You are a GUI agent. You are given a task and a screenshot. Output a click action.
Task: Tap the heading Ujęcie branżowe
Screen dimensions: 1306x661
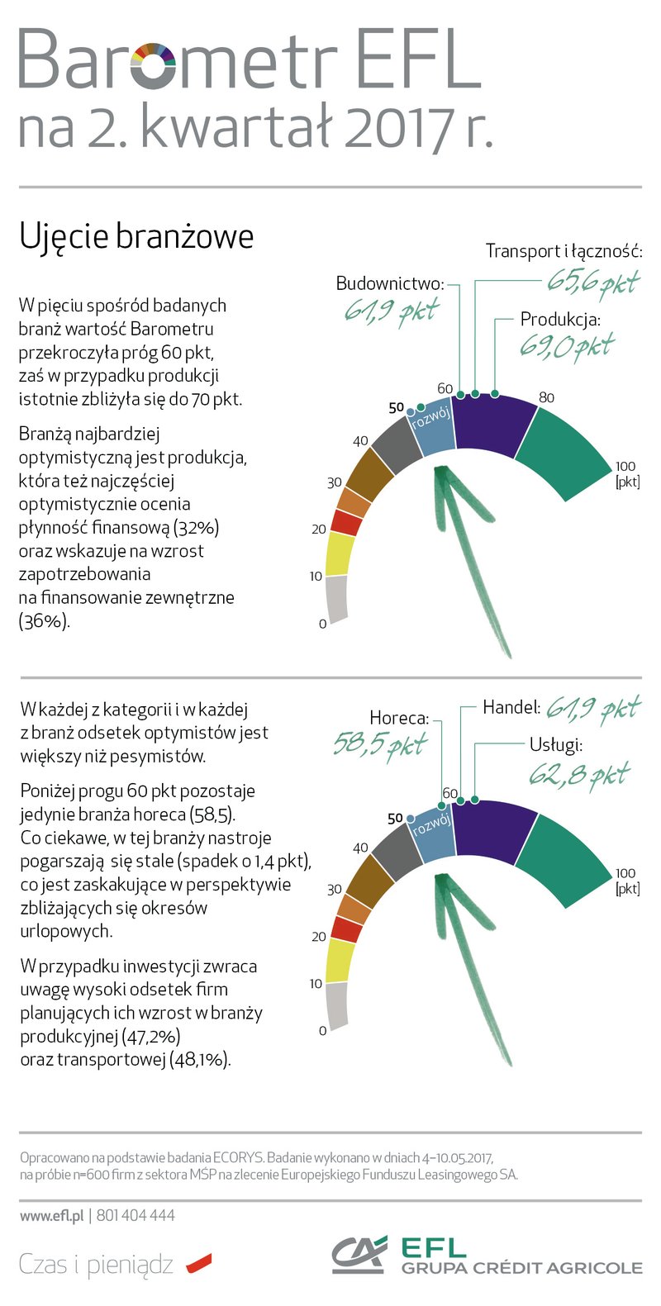[136, 236]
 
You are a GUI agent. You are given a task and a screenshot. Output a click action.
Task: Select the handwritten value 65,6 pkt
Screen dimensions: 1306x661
[592, 282]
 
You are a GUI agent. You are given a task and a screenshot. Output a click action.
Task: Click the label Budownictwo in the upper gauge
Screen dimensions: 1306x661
[389, 284]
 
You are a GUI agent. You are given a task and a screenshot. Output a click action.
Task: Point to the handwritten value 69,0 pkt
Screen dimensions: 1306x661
[567, 344]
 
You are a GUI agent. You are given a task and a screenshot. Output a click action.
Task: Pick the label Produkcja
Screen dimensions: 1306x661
[559, 320]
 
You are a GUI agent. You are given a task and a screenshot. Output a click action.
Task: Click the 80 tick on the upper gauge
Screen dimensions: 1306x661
[546, 397]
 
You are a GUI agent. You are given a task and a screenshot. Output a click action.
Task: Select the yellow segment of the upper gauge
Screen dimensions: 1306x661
[340, 553]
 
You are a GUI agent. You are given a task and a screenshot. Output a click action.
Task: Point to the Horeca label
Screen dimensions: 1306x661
[399, 718]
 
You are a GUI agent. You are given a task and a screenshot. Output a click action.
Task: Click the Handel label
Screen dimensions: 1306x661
[511, 708]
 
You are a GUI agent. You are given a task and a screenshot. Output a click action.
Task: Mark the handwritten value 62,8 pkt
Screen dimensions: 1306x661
[578, 775]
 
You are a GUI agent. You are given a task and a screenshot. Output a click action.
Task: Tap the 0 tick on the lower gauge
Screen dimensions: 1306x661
[322, 1031]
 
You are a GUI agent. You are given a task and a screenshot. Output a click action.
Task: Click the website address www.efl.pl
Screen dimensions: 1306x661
[52, 1215]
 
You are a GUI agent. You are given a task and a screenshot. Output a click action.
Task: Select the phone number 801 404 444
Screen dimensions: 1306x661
[136, 1215]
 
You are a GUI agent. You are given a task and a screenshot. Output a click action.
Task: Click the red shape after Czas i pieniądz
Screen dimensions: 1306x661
[199, 1263]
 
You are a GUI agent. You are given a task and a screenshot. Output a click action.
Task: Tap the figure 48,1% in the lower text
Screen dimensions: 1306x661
[199, 1060]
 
